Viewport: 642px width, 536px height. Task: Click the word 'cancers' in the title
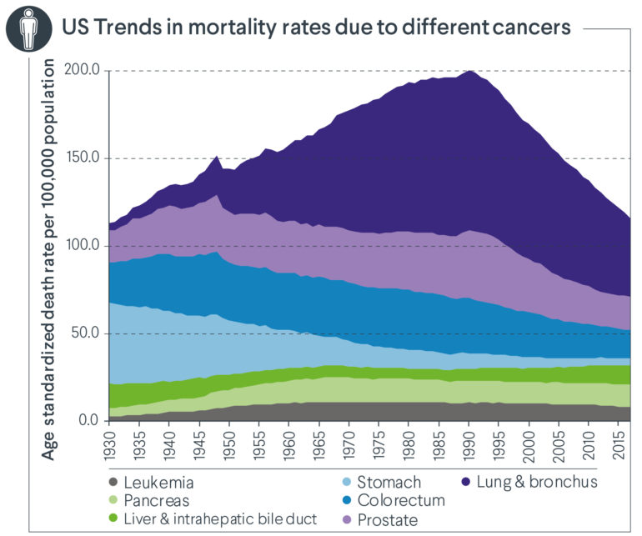[x=531, y=27]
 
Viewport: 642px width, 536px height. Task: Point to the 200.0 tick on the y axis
[x=83, y=71]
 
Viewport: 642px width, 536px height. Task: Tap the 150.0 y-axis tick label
[x=83, y=158]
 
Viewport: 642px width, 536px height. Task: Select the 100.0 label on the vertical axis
[x=83, y=246]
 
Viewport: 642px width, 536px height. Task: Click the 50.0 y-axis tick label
[x=86, y=333]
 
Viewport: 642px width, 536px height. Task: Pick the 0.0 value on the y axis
[x=89, y=420]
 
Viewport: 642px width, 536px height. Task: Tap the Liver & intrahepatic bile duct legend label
[x=209, y=519]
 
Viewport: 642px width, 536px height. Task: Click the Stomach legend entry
[x=389, y=482]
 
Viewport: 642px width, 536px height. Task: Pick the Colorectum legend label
[x=401, y=501]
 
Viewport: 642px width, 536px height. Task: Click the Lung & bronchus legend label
[x=533, y=482]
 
